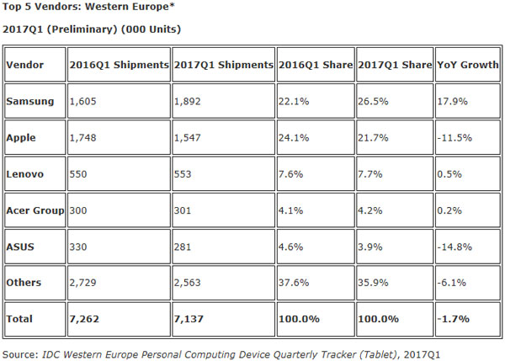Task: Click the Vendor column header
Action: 26,64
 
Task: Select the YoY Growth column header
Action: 465,64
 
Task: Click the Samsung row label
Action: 32,101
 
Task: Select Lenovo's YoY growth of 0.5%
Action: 450,175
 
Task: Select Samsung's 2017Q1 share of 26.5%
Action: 374,101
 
